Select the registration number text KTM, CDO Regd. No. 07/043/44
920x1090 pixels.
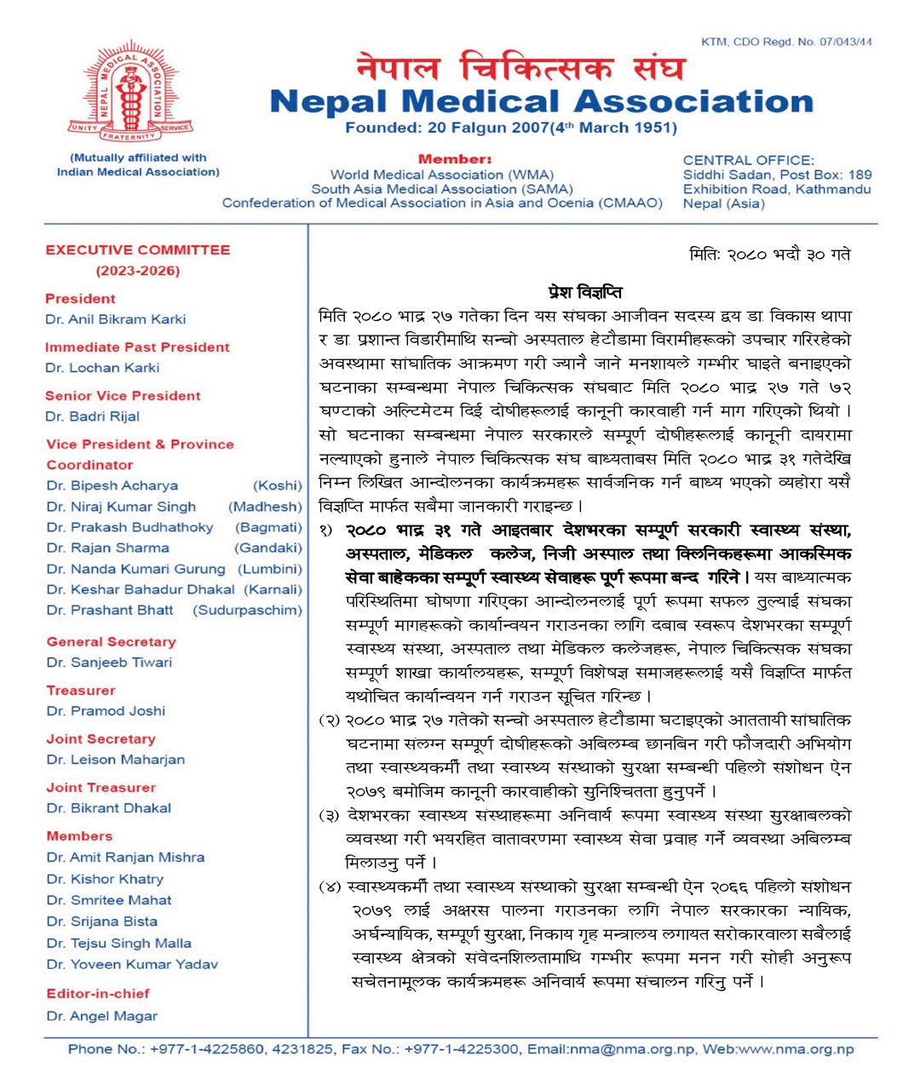tap(786, 42)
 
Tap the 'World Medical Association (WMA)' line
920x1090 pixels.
tap(441, 175)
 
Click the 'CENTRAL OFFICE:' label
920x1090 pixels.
tap(748, 160)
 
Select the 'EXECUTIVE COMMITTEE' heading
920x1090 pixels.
tap(138, 250)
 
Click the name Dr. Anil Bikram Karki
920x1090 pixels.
tap(116, 319)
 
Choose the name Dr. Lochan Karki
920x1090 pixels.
tap(102, 368)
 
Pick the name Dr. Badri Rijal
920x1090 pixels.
tap(93, 416)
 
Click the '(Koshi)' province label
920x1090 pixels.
tap(278, 485)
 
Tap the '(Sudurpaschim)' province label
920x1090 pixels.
tap(247, 611)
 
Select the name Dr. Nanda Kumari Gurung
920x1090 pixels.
tap(136, 569)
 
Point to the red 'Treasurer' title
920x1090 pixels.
tap(81, 691)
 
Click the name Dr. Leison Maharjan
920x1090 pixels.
tap(116, 760)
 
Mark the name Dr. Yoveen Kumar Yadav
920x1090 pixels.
tap(132, 965)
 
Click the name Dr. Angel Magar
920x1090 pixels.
tap(102, 1016)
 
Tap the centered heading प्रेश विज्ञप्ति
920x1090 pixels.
tap(585, 292)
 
